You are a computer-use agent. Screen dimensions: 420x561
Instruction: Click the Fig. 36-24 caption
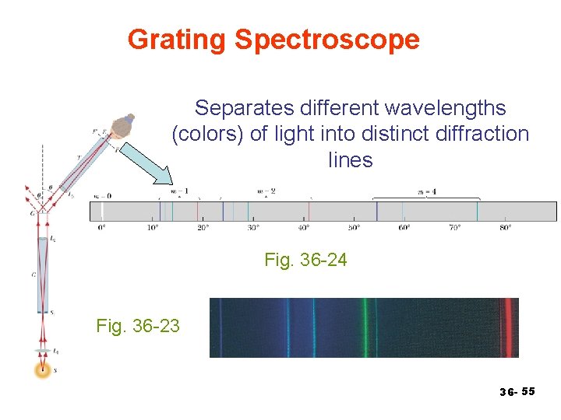(x=305, y=260)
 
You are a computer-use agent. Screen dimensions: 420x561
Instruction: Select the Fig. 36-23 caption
(x=138, y=325)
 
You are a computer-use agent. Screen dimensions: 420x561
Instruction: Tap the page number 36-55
(x=517, y=391)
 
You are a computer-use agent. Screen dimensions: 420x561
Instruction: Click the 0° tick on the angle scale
(x=101, y=228)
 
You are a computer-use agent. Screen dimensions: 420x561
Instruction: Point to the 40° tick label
(x=303, y=228)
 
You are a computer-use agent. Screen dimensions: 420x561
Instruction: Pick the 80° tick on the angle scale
(x=505, y=228)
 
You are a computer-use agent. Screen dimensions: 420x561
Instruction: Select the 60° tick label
(x=404, y=228)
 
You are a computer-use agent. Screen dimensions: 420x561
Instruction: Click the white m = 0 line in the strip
(x=101, y=212)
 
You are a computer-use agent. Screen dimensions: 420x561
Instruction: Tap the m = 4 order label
(x=426, y=191)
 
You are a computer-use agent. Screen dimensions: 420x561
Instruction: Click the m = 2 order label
(x=266, y=191)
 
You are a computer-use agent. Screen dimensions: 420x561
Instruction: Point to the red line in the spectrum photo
(x=509, y=327)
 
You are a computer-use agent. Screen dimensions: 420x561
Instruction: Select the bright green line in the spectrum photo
(x=363, y=327)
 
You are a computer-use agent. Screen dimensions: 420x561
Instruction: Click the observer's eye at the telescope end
(x=122, y=127)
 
